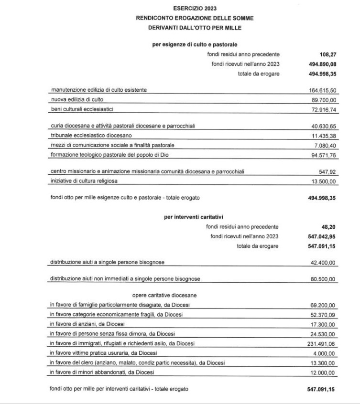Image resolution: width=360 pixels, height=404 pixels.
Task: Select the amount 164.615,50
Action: tap(322, 90)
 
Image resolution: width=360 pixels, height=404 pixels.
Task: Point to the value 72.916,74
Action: tap(323, 110)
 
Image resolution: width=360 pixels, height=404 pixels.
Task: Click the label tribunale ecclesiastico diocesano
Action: tap(87, 136)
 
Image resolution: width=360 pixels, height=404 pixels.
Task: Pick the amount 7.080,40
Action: tap(325, 145)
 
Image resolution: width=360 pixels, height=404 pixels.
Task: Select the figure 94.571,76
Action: tap(323, 155)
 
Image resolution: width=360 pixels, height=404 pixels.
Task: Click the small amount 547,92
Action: tap(327, 172)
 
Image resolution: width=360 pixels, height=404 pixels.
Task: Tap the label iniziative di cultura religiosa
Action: tap(84, 181)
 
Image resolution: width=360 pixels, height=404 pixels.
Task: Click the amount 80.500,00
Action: tap(323, 279)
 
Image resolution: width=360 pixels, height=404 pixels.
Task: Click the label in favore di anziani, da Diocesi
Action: tap(87, 324)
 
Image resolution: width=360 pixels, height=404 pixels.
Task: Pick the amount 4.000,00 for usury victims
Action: tap(325, 353)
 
